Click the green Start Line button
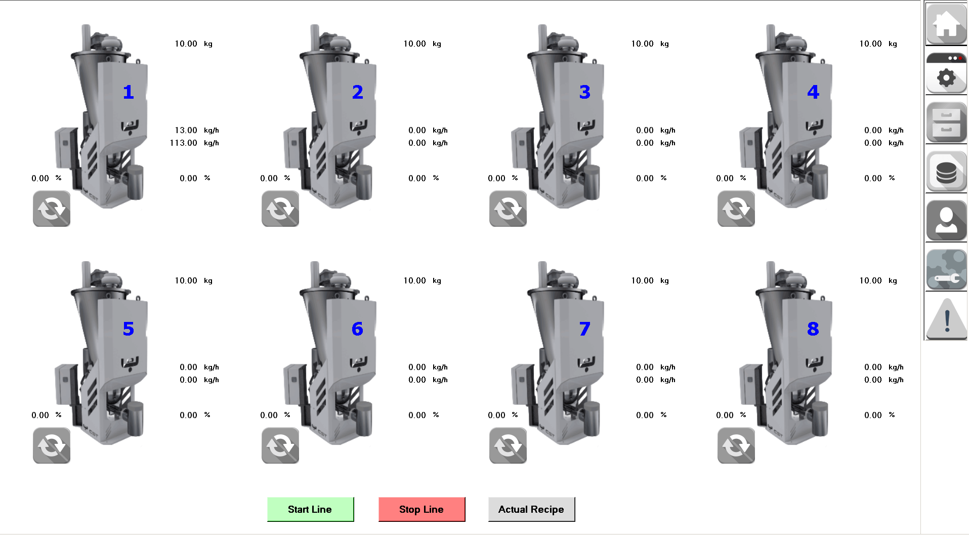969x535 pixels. click(x=310, y=509)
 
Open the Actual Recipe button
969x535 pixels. click(x=531, y=509)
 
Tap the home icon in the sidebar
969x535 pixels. click(x=946, y=24)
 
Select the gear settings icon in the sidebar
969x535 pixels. click(x=946, y=73)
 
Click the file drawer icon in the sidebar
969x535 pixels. click(x=946, y=122)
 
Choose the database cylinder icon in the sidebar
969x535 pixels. click(x=946, y=171)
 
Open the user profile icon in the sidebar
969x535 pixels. click(x=946, y=220)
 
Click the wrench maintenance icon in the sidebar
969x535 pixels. click(x=946, y=269)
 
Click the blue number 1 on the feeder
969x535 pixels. click(x=129, y=92)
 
